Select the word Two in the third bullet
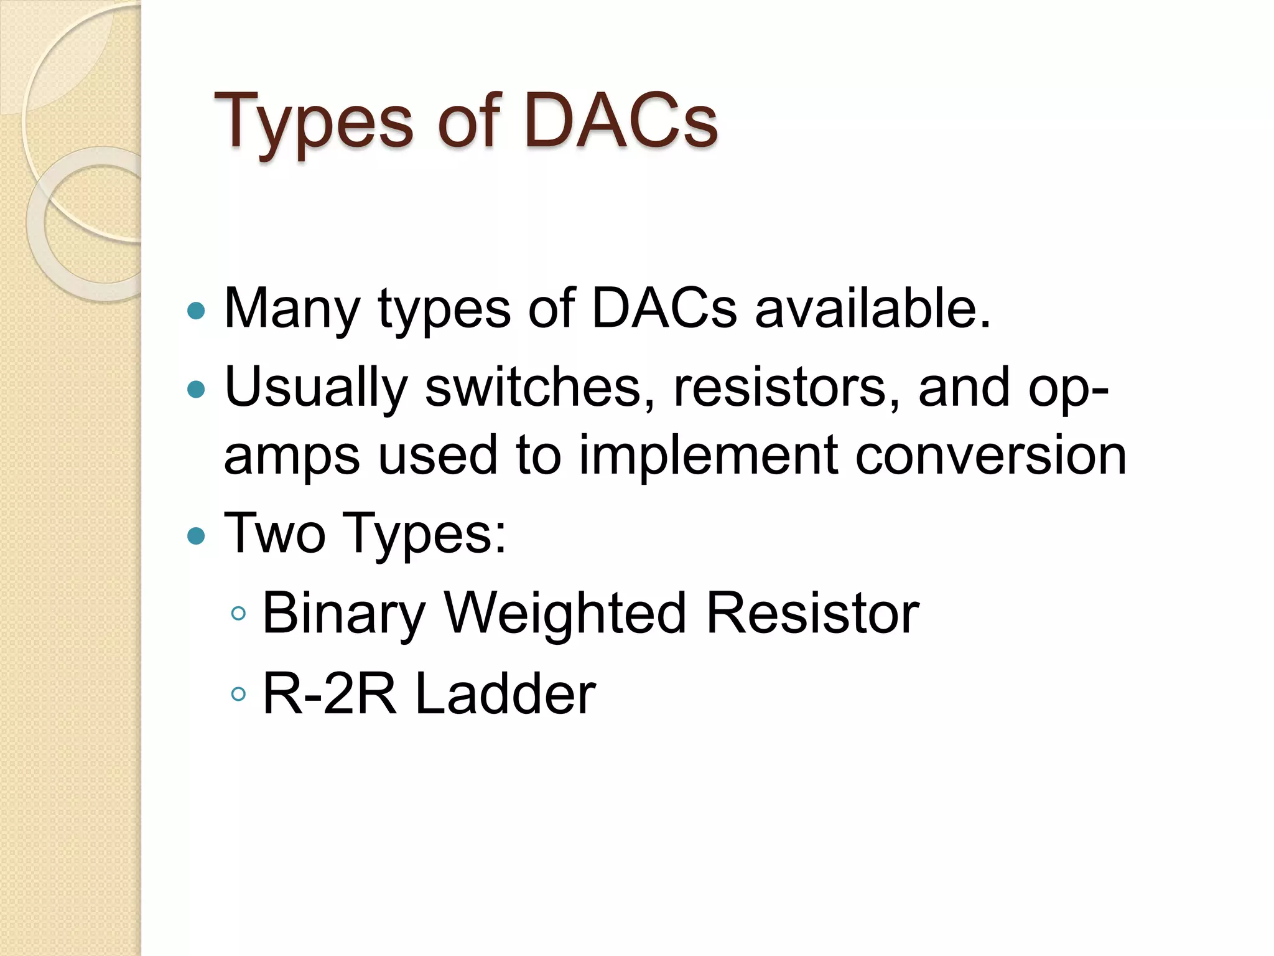click(x=274, y=533)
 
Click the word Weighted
click(x=565, y=614)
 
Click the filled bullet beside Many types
click(x=196, y=311)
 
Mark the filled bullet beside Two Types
click(x=196, y=535)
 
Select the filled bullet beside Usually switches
click(x=196, y=390)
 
